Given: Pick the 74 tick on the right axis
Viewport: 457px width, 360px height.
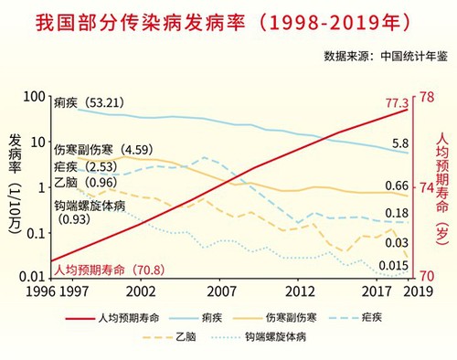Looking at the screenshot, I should tap(426, 187).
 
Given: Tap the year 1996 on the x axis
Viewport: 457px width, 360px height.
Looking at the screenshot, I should tap(19, 291).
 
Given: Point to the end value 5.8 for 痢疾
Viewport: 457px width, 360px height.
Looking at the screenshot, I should tap(399, 143).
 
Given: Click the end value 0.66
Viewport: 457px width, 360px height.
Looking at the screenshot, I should tap(396, 186).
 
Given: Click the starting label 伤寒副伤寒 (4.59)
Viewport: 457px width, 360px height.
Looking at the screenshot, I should tap(101, 149).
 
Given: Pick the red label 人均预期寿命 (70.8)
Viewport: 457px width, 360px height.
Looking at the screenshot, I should tap(108, 270).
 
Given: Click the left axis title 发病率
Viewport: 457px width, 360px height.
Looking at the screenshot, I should tap(16, 155).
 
